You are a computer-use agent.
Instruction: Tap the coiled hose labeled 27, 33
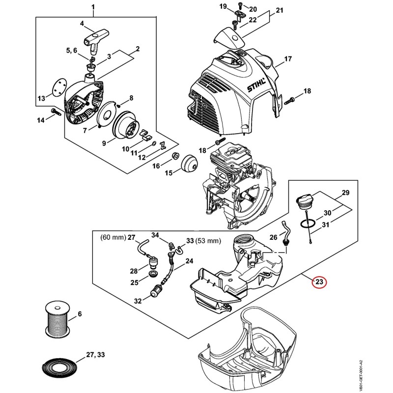(58, 370)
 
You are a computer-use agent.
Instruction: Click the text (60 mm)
(113, 237)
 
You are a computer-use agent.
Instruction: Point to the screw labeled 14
(56, 112)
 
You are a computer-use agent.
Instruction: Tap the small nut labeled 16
(175, 155)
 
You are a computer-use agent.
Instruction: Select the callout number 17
(288, 58)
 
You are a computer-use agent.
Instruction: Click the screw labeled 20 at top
(240, 5)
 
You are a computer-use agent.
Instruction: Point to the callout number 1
(93, 7)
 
